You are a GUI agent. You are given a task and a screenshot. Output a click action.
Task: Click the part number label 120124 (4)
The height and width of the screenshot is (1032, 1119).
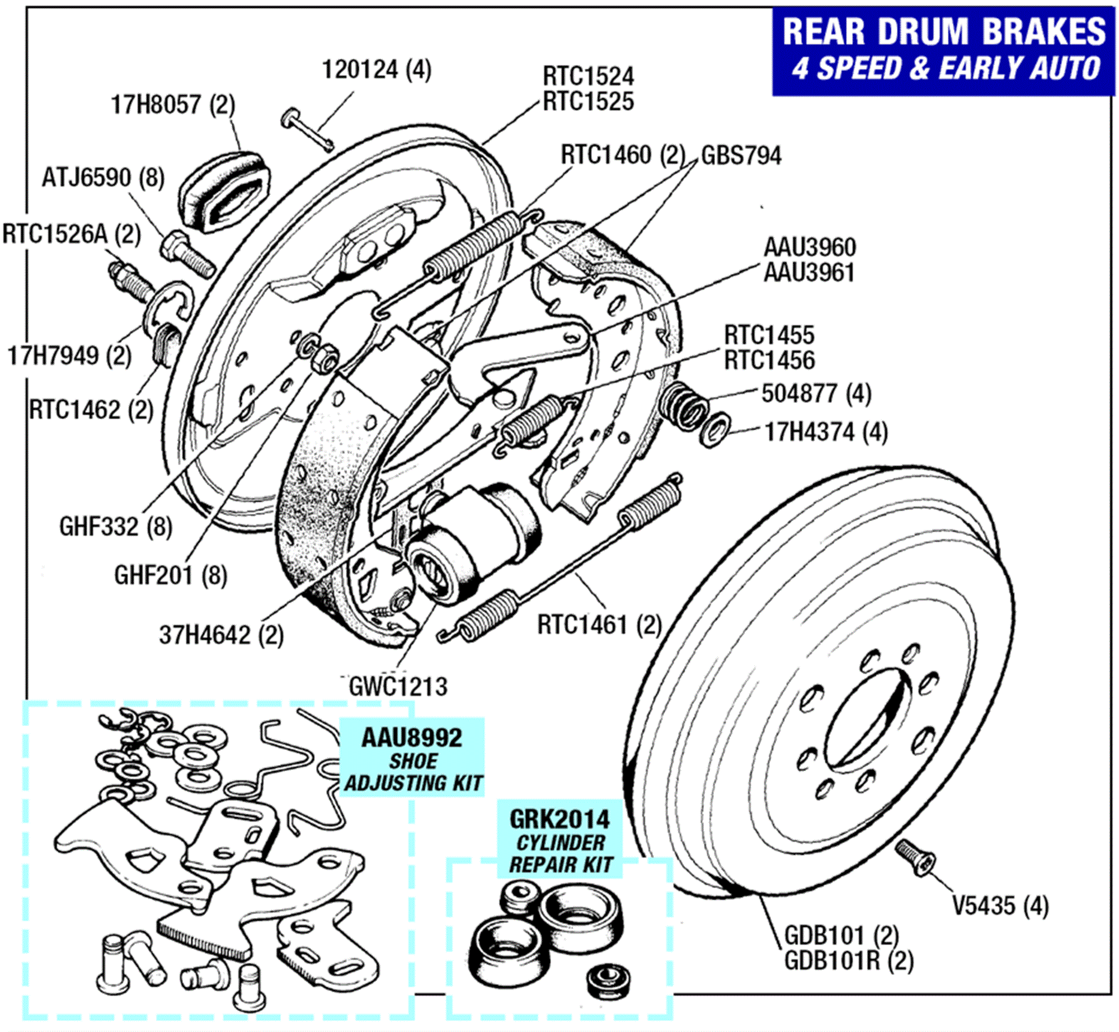[377, 70]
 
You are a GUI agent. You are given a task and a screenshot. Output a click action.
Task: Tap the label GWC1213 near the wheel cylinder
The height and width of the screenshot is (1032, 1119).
[398, 687]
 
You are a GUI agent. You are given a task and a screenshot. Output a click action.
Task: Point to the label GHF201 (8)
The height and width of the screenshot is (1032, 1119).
[171, 575]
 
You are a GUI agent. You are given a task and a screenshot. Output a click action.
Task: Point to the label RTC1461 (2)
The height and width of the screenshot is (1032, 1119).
[599, 625]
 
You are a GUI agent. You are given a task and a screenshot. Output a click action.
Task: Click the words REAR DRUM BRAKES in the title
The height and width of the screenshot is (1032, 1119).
[944, 31]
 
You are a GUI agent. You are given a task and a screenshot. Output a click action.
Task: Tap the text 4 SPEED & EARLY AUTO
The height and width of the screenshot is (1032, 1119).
[946, 68]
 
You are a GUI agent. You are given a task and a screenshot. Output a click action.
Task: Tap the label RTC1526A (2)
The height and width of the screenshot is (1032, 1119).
[72, 234]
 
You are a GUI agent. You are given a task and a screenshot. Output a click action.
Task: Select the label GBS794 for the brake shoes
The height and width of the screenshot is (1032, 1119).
[741, 156]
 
